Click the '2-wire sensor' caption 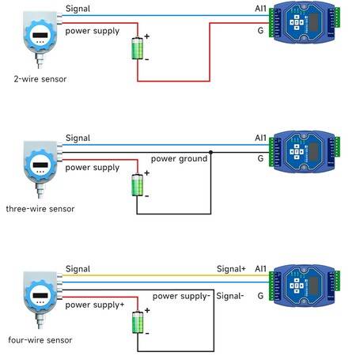click(x=40, y=79)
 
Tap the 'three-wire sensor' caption click(x=40, y=209)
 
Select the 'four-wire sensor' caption click(x=40, y=340)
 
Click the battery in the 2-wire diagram click(x=138, y=48)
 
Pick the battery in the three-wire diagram click(x=138, y=185)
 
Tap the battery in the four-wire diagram click(x=138, y=322)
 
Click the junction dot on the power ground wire click(x=210, y=152)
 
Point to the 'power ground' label click(x=179, y=159)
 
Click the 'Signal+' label click(x=231, y=269)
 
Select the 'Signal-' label click(x=230, y=296)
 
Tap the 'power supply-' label click(x=181, y=297)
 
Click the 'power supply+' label click(x=95, y=305)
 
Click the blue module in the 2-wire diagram click(x=305, y=23)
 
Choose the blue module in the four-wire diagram click(x=305, y=286)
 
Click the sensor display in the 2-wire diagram click(x=40, y=35)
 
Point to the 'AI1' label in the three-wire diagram click(x=260, y=138)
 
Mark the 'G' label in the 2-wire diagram click(x=260, y=31)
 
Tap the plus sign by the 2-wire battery click(x=147, y=36)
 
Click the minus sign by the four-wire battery click(x=147, y=334)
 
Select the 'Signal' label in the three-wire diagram click(x=78, y=138)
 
